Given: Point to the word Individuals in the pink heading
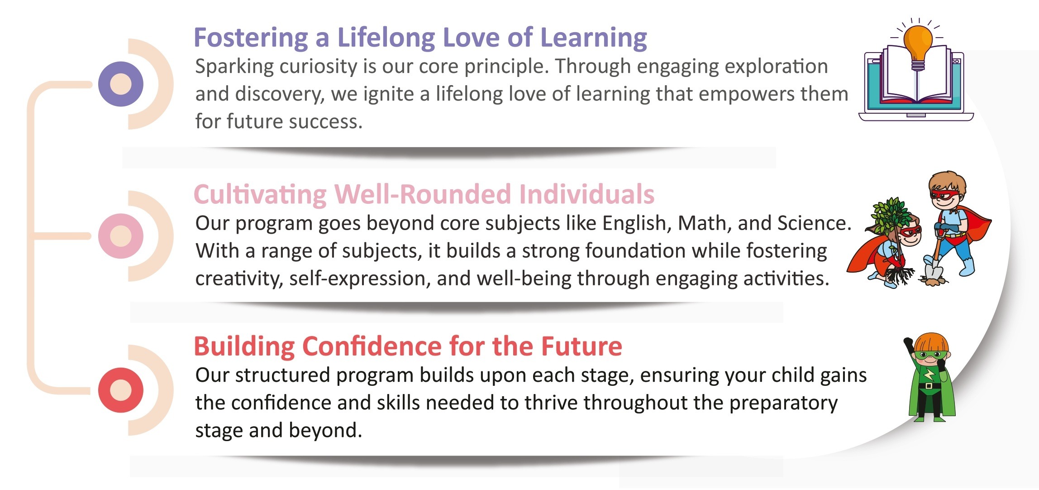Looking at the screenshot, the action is (x=587, y=194).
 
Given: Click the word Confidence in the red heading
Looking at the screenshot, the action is (x=372, y=346).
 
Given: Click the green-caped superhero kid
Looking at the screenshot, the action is (x=930, y=378).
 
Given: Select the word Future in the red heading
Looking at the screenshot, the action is (x=581, y=346).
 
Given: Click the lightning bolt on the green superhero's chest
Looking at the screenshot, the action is (x=928, y=375).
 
